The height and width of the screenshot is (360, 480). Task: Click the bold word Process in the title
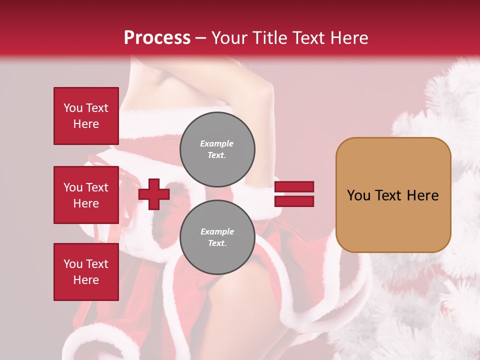pos(157,38)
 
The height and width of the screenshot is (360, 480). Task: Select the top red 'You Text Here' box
pos(86,116)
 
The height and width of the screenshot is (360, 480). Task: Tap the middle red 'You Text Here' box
pos(86,195)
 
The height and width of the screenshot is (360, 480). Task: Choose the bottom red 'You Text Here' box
pos(86,272)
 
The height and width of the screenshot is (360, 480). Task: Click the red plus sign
pos(154,194)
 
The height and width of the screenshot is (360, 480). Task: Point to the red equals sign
pos(294,194)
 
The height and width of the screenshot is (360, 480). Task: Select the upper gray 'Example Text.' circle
pos(217,149)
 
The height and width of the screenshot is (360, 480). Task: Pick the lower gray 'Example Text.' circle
pos(217,237)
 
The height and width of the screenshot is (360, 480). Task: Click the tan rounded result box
pos(393,195)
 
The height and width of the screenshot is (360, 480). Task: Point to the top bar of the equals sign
pos(294,187)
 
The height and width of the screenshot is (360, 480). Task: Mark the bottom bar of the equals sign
pos(294,201)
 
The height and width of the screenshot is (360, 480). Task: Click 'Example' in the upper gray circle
pos(217,143)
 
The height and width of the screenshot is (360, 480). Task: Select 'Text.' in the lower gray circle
pos(217,243)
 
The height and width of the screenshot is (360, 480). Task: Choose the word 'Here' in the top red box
pos(86,124)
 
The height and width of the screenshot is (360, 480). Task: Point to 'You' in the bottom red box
pos(72,264)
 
